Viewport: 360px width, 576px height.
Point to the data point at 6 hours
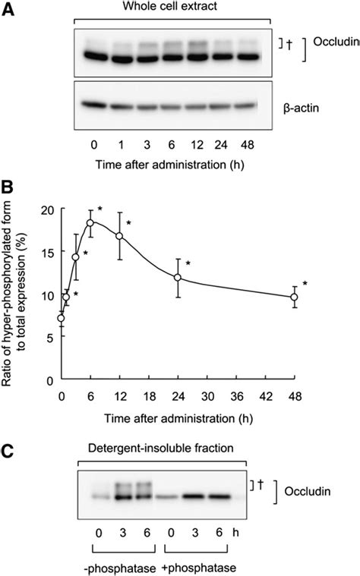point(90,222)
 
